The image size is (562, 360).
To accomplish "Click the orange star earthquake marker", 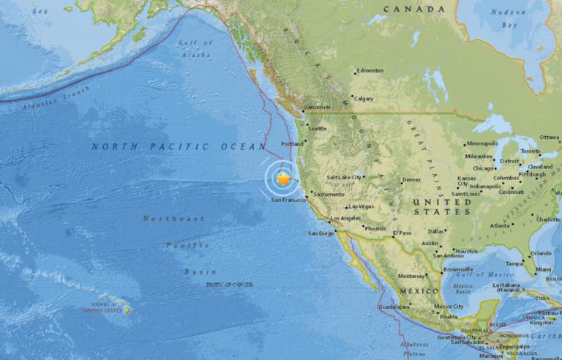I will tap(283, 178).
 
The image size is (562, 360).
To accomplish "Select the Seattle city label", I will tap(317, 129).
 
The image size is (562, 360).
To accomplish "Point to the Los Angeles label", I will tap(345, 219).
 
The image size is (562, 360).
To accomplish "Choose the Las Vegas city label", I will tap(361, 206).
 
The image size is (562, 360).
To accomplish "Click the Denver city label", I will tap(412, 179).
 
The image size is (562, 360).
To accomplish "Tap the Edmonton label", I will tap(370, 71).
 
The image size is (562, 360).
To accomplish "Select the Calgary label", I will tap(363, 99).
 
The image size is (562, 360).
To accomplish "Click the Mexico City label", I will tap(449, 307).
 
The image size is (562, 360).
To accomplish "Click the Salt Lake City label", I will tap(345, 177).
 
